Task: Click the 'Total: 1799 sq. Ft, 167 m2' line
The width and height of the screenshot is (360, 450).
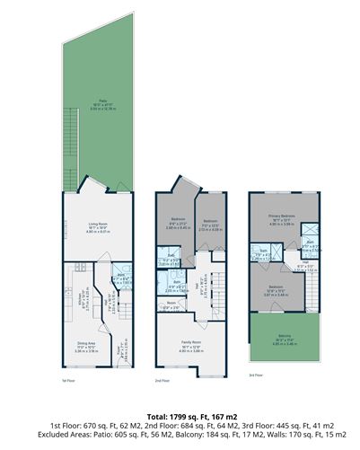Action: click(x=180, y=416)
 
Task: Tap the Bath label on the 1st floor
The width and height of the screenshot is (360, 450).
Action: click(x=119, y=278)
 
